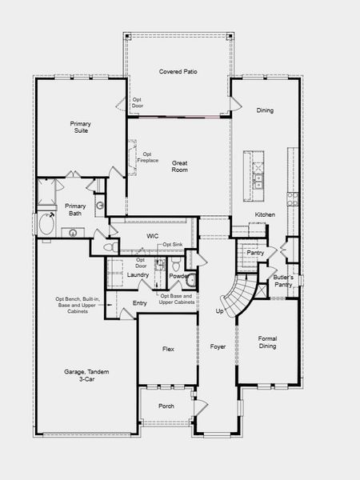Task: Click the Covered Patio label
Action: (x=178, y=72)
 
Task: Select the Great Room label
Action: (x=179, y=166)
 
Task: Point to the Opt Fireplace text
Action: (x=148, y=156)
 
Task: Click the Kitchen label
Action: (x=265, y=214)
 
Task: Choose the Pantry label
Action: (x=255, y=252)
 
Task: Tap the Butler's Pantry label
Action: (x=283, y=280)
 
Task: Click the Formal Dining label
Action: (x=267, y=342)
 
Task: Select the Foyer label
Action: (x=218, y=346)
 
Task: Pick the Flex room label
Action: (x=168, y=349)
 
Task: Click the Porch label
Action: (x=166, y=406)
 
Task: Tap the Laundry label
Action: (x=138, y=275)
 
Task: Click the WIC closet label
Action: (x=152, y=236)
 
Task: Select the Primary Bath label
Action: (x=74, y=209)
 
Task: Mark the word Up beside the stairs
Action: (x=220, y=310)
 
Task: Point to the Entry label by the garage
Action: (x=140, y=302)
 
